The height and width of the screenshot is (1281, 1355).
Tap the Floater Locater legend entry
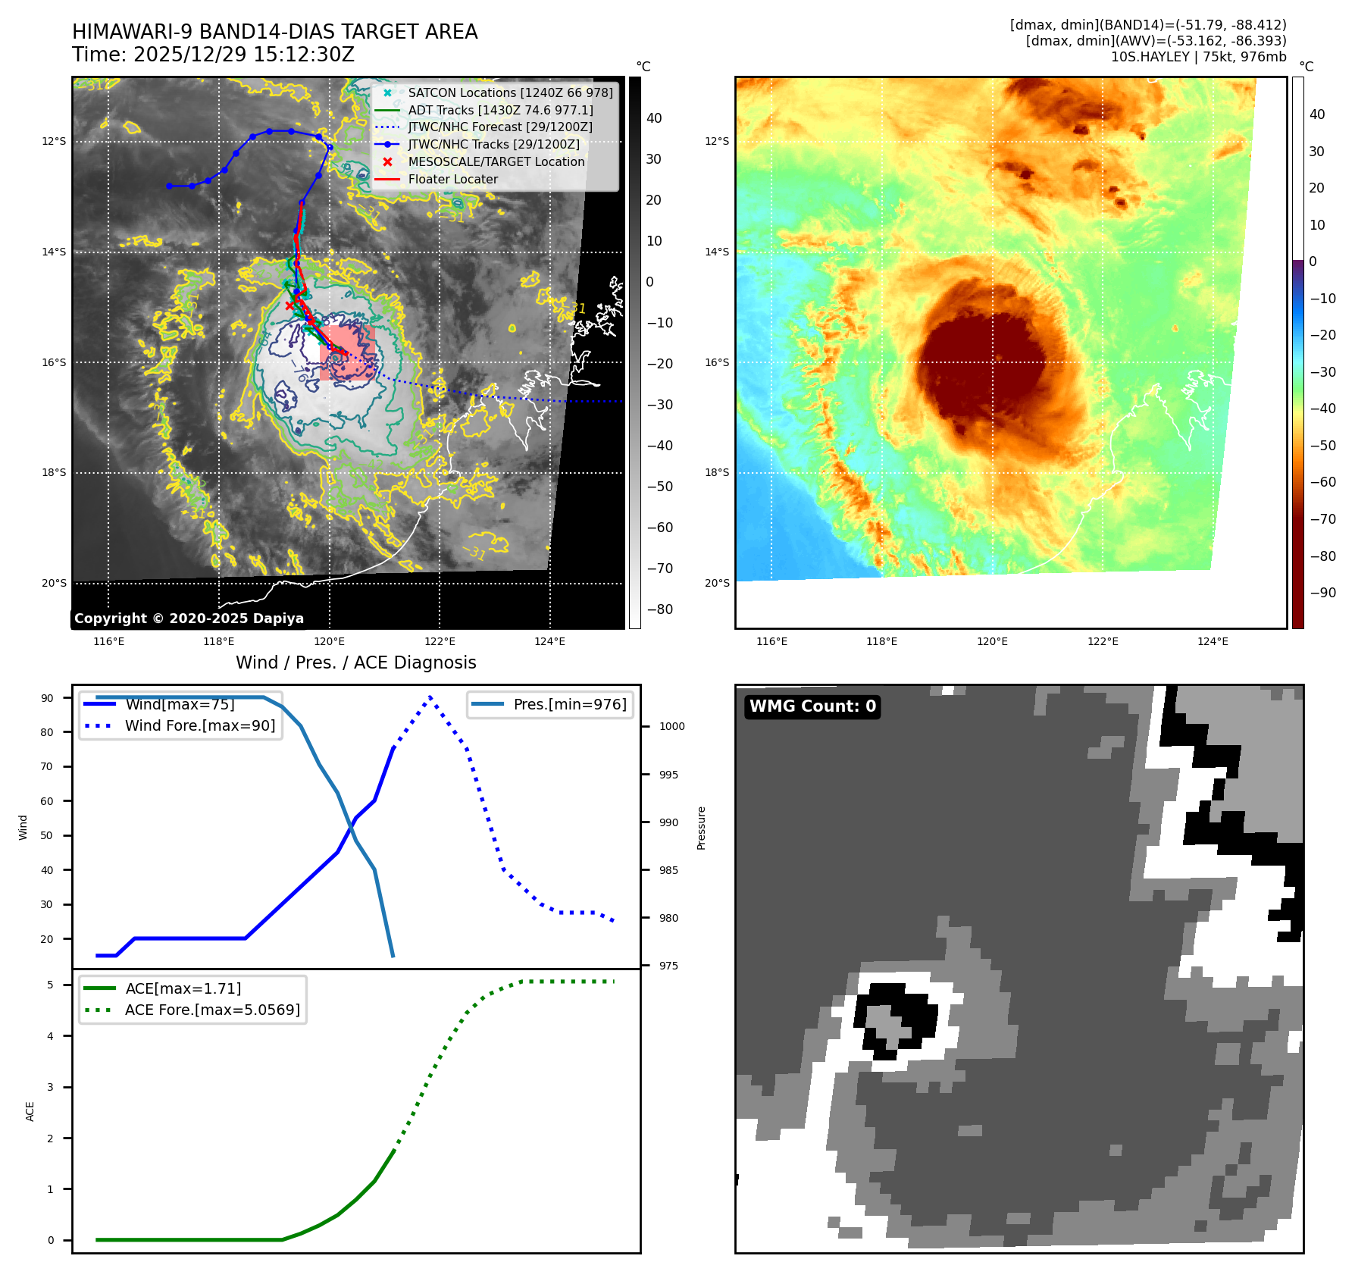point(452,179)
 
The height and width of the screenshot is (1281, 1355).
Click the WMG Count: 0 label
point(812,706)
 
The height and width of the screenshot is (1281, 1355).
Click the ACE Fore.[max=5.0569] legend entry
point(212,1010)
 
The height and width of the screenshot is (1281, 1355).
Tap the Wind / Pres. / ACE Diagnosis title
point(356,662)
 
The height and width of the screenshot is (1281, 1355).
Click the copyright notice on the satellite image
point(189,619)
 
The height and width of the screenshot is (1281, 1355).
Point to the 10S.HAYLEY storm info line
point(1198,57)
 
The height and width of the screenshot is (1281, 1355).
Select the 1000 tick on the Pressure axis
point(671,726)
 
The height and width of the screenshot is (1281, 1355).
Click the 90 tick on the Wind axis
point(48,698)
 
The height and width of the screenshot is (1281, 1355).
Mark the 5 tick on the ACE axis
point(51,985)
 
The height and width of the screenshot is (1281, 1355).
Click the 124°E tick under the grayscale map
point(549,641)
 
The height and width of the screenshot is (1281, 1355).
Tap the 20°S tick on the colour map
point(717,583)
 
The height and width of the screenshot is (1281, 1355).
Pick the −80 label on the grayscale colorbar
point(659,609)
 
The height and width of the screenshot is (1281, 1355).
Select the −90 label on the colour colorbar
point(1322,593)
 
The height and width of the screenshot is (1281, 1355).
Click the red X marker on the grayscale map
point(289,305)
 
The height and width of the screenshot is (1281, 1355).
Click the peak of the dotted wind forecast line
point(430,697)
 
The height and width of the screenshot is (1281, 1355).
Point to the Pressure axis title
point(701,828)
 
